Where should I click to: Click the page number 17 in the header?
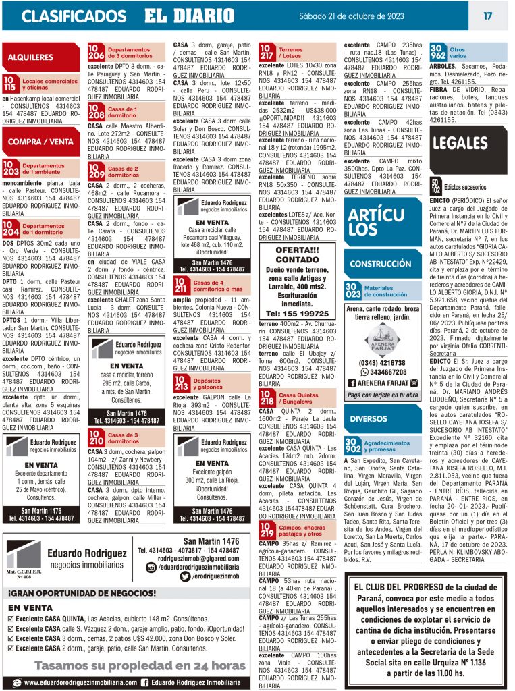click(x=487, y=16)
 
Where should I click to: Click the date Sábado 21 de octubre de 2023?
click(x=361, y=16)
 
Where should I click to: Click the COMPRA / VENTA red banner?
click(x=40, y=142)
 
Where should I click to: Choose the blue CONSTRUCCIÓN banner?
click(x=381, y=264)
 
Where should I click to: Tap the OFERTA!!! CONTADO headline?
click(x=297, y=254)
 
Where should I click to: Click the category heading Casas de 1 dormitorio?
click(x=122, y=112)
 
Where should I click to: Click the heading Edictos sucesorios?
click(x=465, y=186)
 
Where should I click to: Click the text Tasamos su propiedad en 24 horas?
click(x=131, y=665)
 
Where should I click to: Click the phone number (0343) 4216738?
click(x=382, y=362)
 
